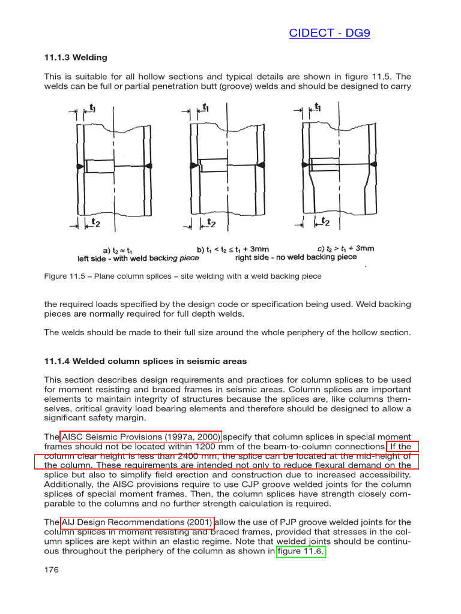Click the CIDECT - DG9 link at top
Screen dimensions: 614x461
329,33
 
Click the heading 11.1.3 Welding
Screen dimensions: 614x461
76,58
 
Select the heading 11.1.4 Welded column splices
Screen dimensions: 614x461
145,361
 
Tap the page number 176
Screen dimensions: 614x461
51,570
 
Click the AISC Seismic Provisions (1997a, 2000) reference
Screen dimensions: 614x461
141,437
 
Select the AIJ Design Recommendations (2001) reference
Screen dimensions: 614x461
137,522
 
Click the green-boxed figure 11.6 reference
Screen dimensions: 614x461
301,551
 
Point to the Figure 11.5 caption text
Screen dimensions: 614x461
183,276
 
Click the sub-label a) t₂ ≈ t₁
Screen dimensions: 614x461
118,249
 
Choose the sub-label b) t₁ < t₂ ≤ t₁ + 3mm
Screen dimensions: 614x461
233,249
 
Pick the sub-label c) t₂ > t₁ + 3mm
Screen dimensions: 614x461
346,248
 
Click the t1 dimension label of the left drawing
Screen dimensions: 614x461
92,108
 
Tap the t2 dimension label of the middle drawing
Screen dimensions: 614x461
211,222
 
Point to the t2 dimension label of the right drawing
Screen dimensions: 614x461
325,222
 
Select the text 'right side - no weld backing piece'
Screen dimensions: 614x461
296,257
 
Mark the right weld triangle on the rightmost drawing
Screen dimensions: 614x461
373,164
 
